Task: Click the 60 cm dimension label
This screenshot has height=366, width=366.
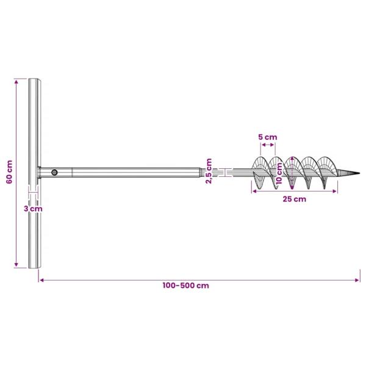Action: click(x=9, y=173)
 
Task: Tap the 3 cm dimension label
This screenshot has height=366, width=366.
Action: click(x=34, y=208)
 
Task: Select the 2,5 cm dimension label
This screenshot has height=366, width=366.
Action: click(x=209, y=171)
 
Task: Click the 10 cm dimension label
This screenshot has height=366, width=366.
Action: click(x=278, y=174)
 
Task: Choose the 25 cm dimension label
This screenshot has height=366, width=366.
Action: click(x=295, y=199)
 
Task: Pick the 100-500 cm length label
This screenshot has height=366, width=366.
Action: click(x=186, y=285)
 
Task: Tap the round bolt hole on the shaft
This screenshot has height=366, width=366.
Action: click(x=54, y=173)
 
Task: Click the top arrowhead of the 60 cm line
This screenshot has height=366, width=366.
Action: click(x=17, y=81)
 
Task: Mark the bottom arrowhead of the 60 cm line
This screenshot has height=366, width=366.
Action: click(x=17, y=266)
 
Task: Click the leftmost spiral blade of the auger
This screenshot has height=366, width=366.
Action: click(x=259, y=171)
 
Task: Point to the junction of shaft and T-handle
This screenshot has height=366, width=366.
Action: click(x=40, y=173)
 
